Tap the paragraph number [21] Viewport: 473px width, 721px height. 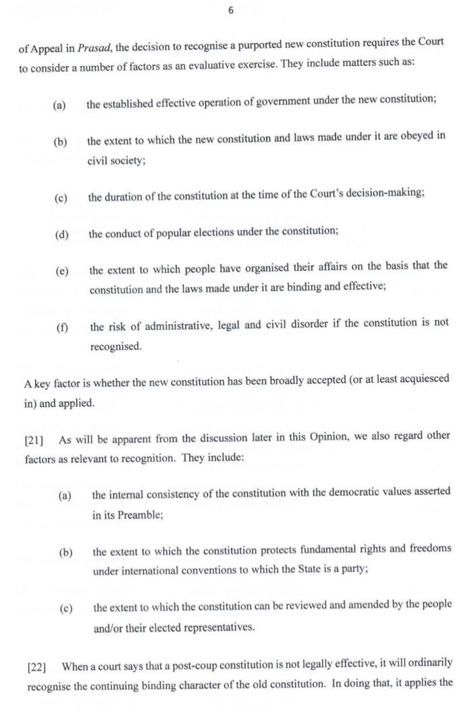[x=36, y=440]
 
